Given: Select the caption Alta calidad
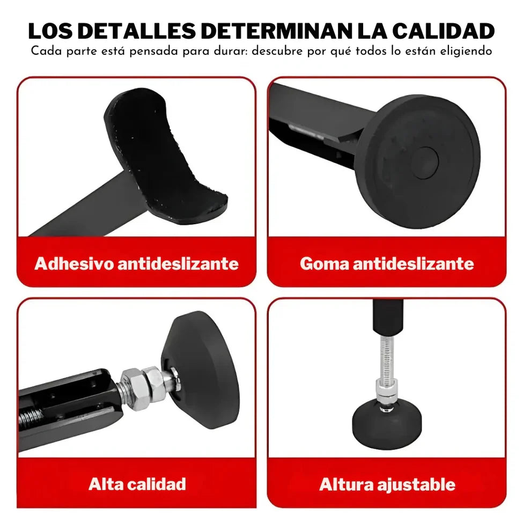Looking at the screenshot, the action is (137, 484).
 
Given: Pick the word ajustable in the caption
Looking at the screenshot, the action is (416, 484).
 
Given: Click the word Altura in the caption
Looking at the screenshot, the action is (346, 484).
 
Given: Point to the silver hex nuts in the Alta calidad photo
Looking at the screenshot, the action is (143, 387).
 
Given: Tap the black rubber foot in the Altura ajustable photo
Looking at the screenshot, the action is (387, 424).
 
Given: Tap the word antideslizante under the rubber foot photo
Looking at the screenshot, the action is (413, 263).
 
